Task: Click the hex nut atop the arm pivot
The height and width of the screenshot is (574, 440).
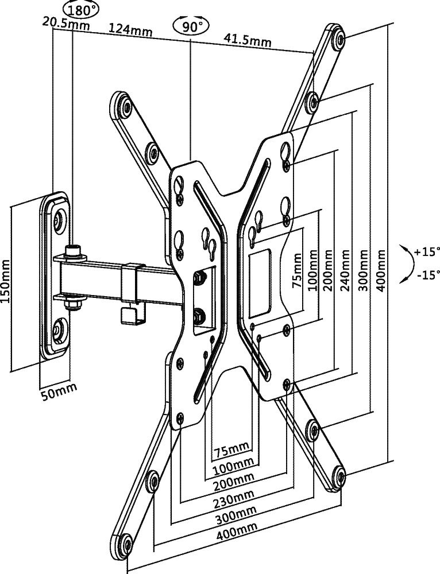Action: pos(73,251)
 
